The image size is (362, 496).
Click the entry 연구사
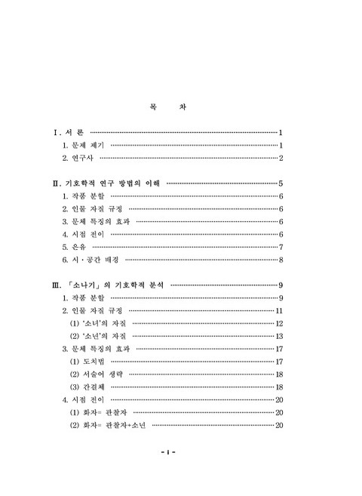[79, 158]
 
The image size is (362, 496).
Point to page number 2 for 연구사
[281, 158]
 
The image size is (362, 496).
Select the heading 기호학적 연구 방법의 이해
[113, 183]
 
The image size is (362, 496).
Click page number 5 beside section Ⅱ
[281, 183]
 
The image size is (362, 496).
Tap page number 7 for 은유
[281, 247]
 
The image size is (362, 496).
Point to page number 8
[281, 260]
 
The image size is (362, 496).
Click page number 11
[278, 311]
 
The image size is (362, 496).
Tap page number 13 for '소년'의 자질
[278, 336]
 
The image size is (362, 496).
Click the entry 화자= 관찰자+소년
[112, 425]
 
